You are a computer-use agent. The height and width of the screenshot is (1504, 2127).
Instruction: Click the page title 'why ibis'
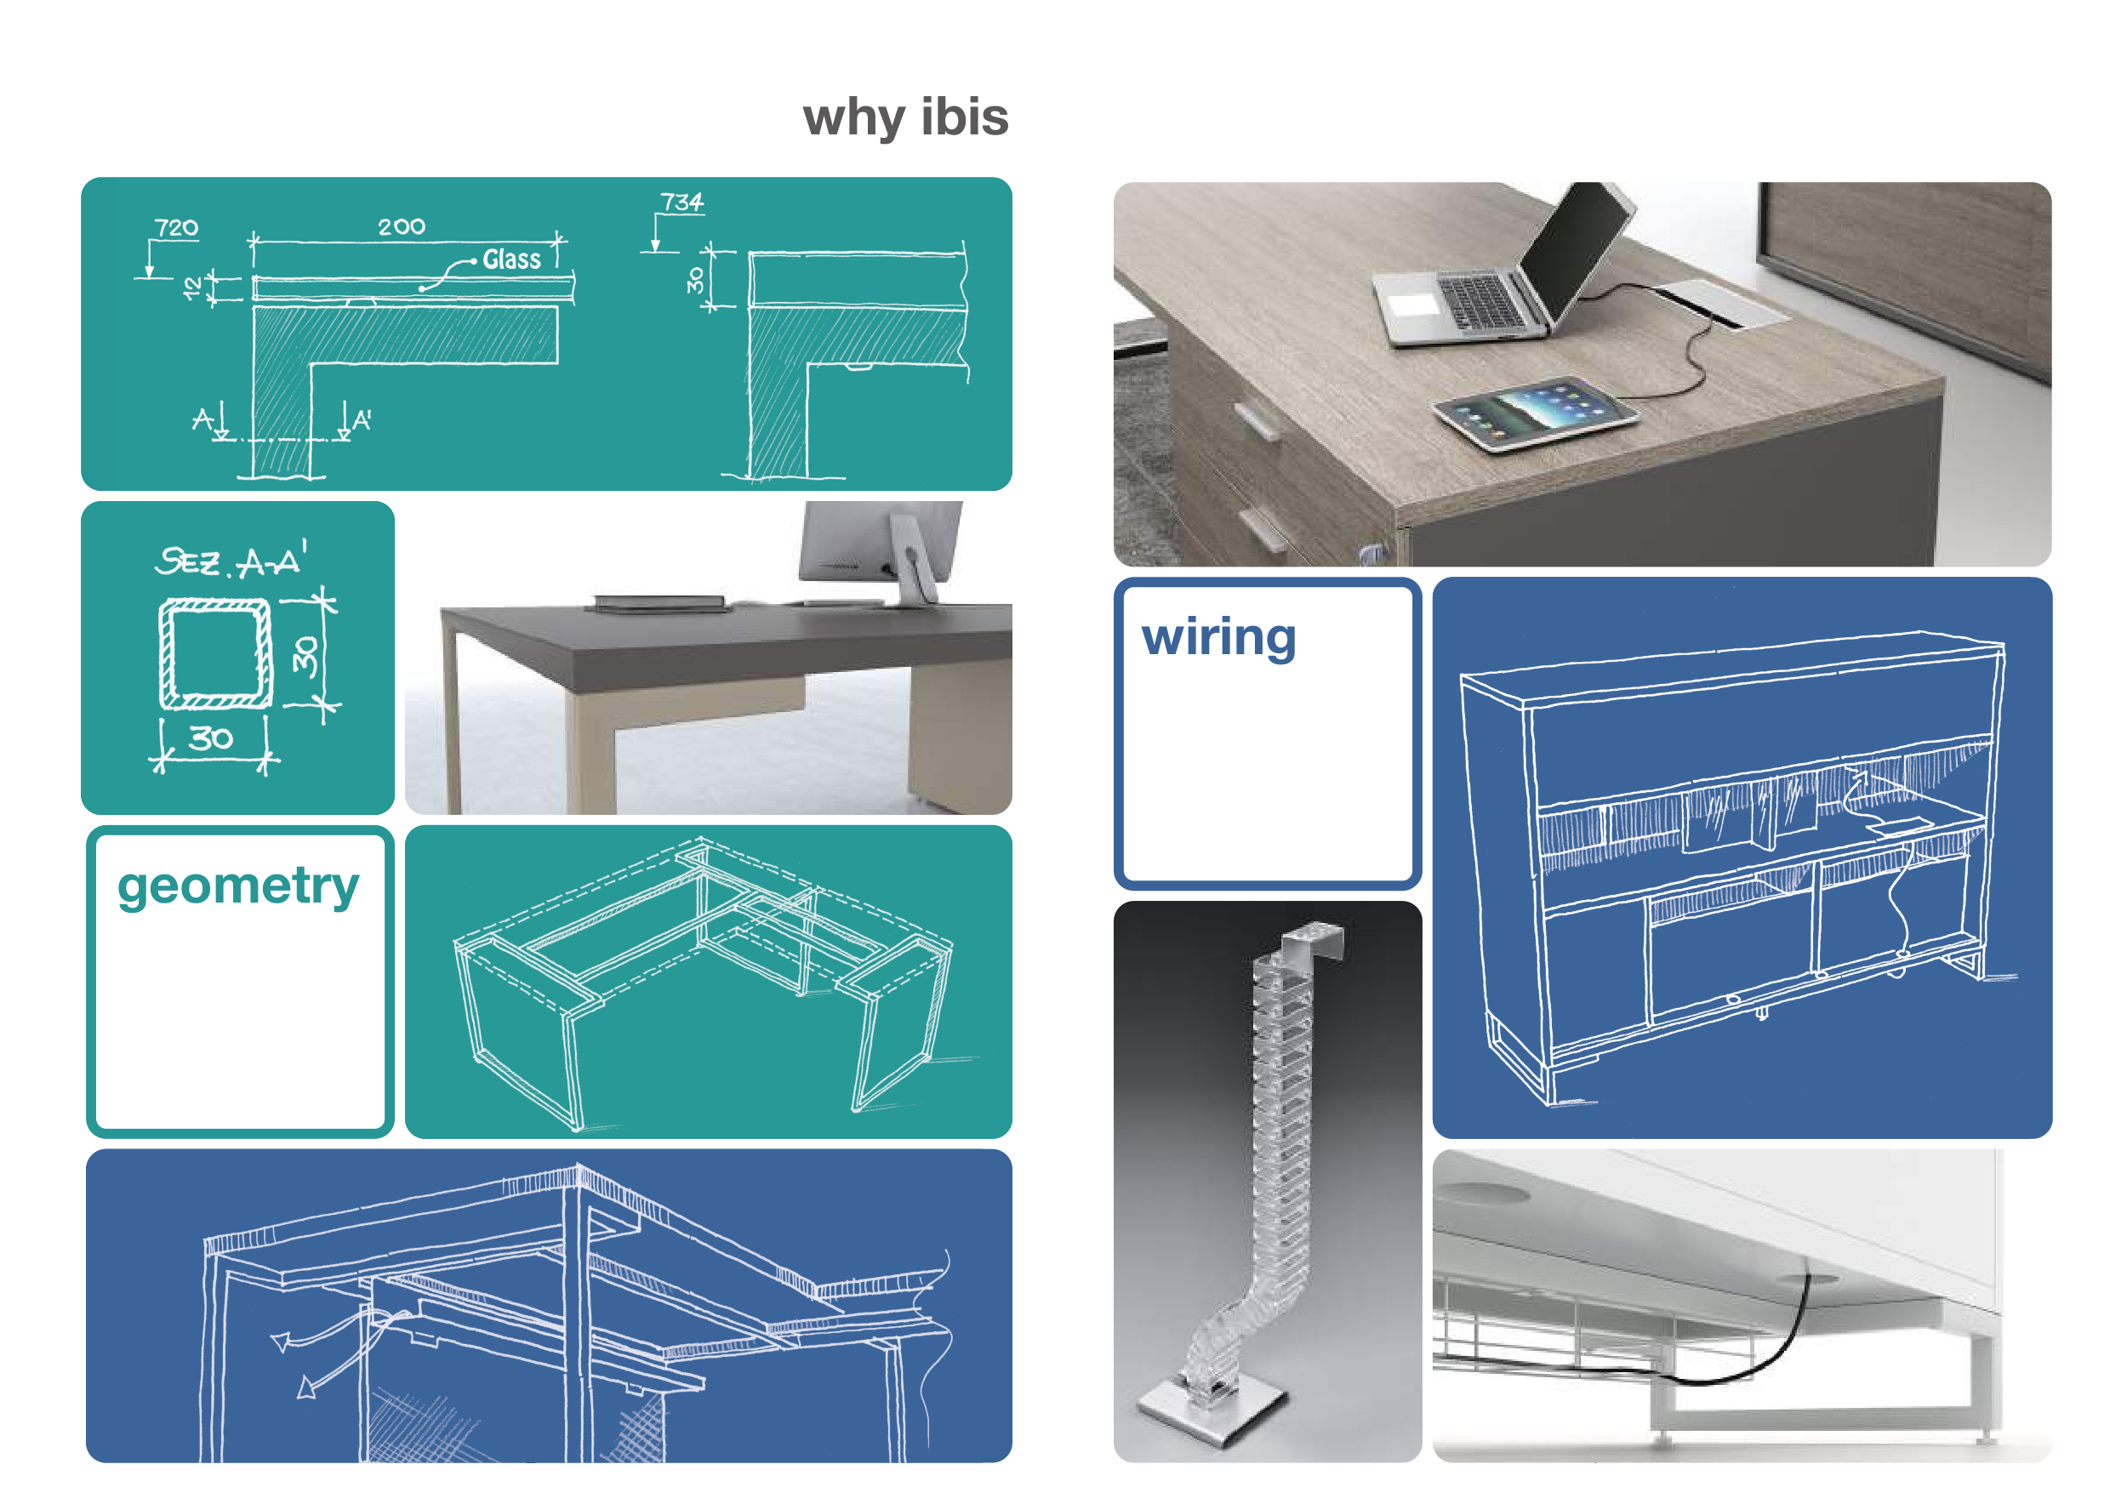pyautogui.click(x=905, y=117)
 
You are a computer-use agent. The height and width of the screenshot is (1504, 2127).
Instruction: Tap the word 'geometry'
pyautogui.click(x=238, y=887)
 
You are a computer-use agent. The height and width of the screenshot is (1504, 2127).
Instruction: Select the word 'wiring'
pyautogui.click(x=1218, y=638)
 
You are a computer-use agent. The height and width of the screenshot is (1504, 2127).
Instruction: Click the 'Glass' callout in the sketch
pyautogui.click(x=511, y=259)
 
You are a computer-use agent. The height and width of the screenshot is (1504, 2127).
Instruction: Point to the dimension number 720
pyautogui.click(x=176, y=228)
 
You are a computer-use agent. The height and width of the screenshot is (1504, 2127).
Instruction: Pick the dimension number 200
pyautogui.click(x=401, y=227)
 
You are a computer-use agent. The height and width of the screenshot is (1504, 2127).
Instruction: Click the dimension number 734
pyautogui.click(x=681, y=202)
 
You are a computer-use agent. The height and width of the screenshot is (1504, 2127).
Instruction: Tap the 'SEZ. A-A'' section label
pyautogui.click(x=230, y=560)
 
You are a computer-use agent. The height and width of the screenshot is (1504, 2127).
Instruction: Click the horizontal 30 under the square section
pyautogui.click(x=210, y=738)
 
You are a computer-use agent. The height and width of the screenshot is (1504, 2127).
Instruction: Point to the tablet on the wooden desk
pyautogui.click(x=1535, y=413)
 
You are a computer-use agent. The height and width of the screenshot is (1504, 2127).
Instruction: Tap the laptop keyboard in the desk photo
pyautogui.click(x=1480, y=302)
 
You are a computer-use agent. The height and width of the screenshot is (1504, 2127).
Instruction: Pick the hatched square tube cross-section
pyautogui.click(x=216, y=653)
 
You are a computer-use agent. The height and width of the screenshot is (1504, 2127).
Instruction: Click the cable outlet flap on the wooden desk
pyautogui.click(x=1721, y=302)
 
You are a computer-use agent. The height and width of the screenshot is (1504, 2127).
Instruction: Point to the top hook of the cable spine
pyautogui.click(x=1315, y=940)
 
